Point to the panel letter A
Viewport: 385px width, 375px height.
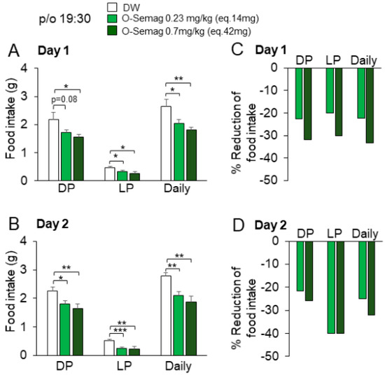pyautogui.click(x=13, y=51)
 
